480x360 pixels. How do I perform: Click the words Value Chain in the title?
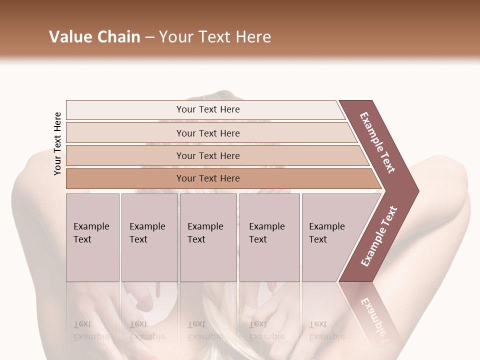click(94, 37)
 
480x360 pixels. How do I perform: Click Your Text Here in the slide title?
click(215, 37)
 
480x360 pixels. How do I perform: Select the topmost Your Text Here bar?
click(207, 109)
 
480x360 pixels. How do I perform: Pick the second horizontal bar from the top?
click(207, 133)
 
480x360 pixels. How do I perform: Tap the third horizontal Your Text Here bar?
click(207, 156)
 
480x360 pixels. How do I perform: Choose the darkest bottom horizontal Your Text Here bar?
click(207, 178)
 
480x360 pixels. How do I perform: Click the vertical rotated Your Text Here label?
click(57, 143)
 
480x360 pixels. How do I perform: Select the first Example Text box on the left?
click(92, 237)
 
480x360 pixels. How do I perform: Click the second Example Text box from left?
click(149, 237)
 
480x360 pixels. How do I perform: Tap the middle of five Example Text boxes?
click(208, 237)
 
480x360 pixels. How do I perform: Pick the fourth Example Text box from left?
click(269, 237)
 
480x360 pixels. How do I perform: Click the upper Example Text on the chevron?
click(378, 142)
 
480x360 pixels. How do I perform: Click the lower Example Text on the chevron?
click(379, 236)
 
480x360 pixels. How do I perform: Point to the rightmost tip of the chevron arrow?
click(418, 191)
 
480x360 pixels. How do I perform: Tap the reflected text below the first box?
click(91, 330)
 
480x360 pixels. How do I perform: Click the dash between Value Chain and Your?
click(149, 37)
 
